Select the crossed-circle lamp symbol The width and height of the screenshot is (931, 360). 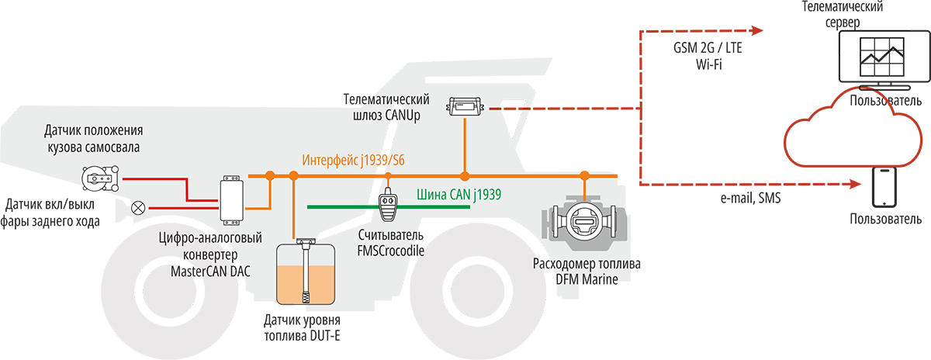coord(140,207)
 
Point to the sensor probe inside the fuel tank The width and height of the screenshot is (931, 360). coord(307,272)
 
